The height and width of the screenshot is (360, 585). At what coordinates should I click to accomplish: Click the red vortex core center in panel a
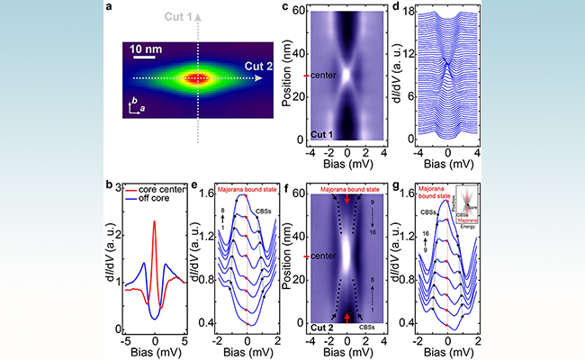(x=197, y=78)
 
